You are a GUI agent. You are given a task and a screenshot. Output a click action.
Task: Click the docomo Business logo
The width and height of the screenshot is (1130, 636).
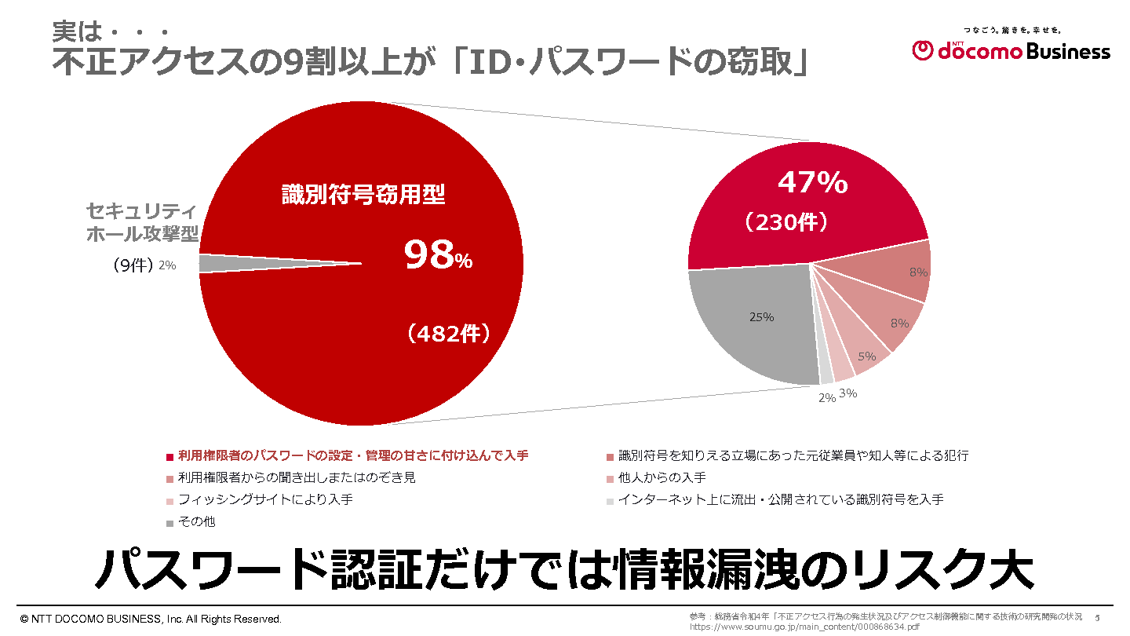[x=1012, y=49]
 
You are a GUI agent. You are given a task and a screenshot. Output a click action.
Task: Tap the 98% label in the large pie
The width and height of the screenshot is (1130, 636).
[x=438, y=255]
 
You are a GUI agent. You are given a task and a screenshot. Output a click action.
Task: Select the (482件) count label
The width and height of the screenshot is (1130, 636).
[x=449, y=334]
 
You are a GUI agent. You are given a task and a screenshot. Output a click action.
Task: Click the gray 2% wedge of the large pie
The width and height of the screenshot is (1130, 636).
[x=235, y=263]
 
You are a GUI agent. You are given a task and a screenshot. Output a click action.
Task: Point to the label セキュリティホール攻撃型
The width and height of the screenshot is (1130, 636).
[x=141, y=222]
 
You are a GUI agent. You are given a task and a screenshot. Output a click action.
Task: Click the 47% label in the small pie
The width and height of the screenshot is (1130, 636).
[x=812, y=182]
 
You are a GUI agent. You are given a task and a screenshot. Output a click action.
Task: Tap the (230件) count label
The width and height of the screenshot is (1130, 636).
[x=786, y=222]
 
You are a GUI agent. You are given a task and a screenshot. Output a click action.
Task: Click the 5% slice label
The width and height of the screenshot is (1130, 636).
[x=866, y=356]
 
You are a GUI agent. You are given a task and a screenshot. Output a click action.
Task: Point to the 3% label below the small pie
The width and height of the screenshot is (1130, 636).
[x=847, y=393]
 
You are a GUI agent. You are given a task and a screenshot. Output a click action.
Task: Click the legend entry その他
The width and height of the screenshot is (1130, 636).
[x=196, y=521]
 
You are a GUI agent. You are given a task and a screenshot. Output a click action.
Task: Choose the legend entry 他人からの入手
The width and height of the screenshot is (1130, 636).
[x=662, y=477]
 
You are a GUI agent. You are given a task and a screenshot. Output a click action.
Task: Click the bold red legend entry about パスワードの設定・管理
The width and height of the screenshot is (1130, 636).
[x=352, y=455]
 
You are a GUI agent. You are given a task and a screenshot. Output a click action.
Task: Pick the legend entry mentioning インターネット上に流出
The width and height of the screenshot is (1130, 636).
[x=780, y=499]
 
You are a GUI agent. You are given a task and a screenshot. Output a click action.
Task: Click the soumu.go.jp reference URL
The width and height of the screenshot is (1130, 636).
[x=804, y=627]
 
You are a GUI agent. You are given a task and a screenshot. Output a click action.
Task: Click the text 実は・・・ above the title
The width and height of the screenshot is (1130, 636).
[x=110, y=32]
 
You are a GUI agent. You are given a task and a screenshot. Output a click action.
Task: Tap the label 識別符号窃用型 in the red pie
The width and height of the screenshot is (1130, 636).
[x=363, y=195]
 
